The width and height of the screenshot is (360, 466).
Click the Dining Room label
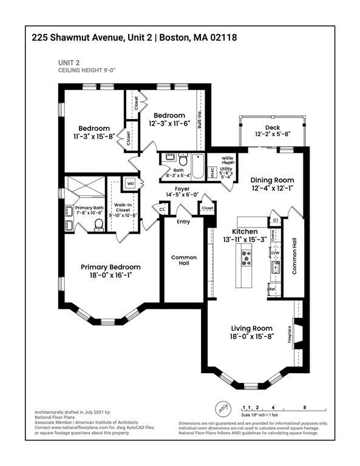(272, 180)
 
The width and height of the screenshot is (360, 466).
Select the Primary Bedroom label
(111, 267)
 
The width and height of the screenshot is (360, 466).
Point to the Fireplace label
(290, 335)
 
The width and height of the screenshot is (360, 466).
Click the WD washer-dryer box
(131, 183)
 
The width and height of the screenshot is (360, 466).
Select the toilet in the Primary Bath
(99, 225)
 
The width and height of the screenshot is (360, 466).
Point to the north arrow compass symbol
(223, 408)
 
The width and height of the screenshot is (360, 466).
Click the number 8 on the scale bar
(304, 407)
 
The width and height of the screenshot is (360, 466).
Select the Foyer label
(182, 189)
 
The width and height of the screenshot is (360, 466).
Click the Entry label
(183, 221)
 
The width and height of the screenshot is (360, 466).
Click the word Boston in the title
(173, 38)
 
